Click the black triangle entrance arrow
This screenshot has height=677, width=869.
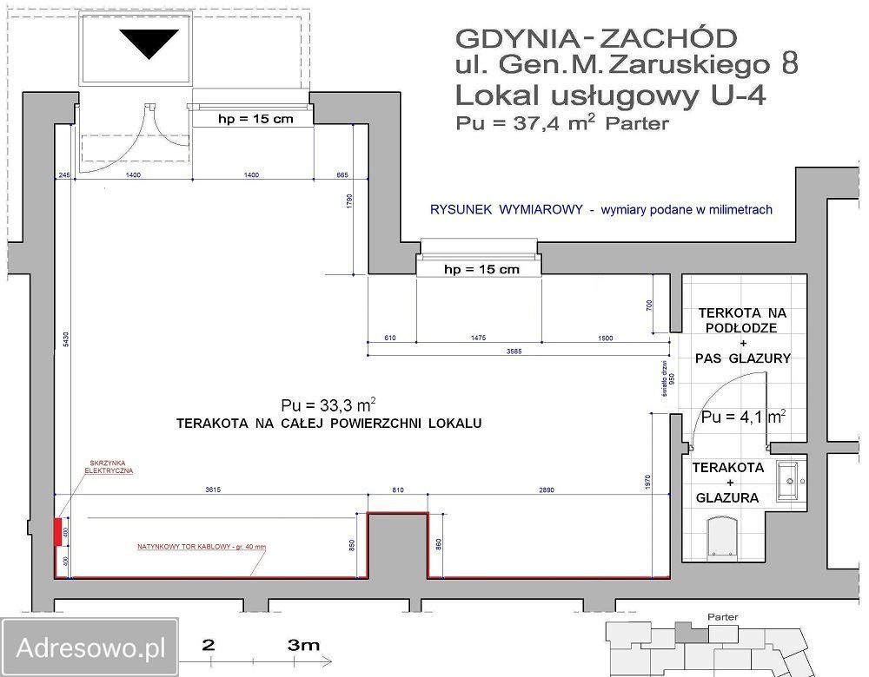[149, 42]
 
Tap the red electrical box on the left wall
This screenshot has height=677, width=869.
[57, 530]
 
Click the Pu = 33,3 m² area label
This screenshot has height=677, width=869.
[328, 404]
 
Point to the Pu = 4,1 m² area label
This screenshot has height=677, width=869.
[744, 417]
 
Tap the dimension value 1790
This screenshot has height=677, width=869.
[348, 202]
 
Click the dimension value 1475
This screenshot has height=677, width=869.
[479, 338]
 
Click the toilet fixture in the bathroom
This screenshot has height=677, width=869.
[722, 536]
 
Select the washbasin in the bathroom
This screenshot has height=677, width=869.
[790, 481]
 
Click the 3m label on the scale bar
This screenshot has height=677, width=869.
[304, 645]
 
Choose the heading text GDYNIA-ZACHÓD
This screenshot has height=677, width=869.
[596, 38]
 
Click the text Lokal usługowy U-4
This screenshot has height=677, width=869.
[610, 95]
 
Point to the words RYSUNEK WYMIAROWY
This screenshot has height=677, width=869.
[506, 210]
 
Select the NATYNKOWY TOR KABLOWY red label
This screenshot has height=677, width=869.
[201, 547]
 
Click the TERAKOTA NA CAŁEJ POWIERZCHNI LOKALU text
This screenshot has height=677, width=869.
[328, 424]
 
